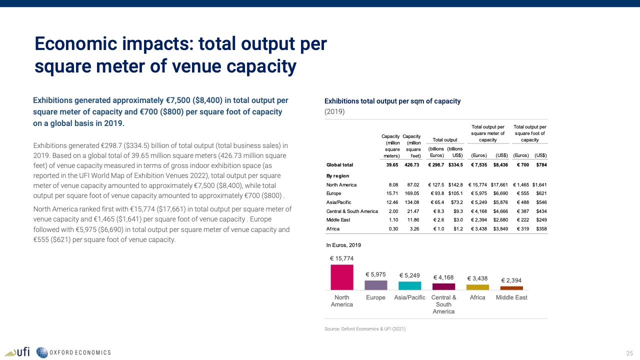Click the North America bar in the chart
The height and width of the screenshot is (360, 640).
tap(342, 277)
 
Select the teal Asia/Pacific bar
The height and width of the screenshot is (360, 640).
tap(409, 285)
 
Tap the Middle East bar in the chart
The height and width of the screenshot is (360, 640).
tap(511, 288)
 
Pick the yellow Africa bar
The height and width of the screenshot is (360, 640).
tap(477, 287)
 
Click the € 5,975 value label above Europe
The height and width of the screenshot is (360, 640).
tap(375, 274)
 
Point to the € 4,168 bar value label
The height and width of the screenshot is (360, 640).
tap(443, 277)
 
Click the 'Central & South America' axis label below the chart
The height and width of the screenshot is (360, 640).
tap(443, 304)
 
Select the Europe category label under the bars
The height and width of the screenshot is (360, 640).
tap(375, 297)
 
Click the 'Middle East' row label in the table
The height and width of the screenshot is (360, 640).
tap(338, 220)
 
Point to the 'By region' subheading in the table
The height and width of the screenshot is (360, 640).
tap(337, 176)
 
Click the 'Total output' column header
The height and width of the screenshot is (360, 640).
tap(445, 140)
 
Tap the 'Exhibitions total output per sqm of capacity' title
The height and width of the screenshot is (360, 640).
tap(392, 101)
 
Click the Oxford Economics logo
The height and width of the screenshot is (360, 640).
tap(74, 352)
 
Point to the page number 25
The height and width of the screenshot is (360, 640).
tap(629, 353)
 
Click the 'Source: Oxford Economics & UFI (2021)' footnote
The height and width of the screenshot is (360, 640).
tap(365, 329)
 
